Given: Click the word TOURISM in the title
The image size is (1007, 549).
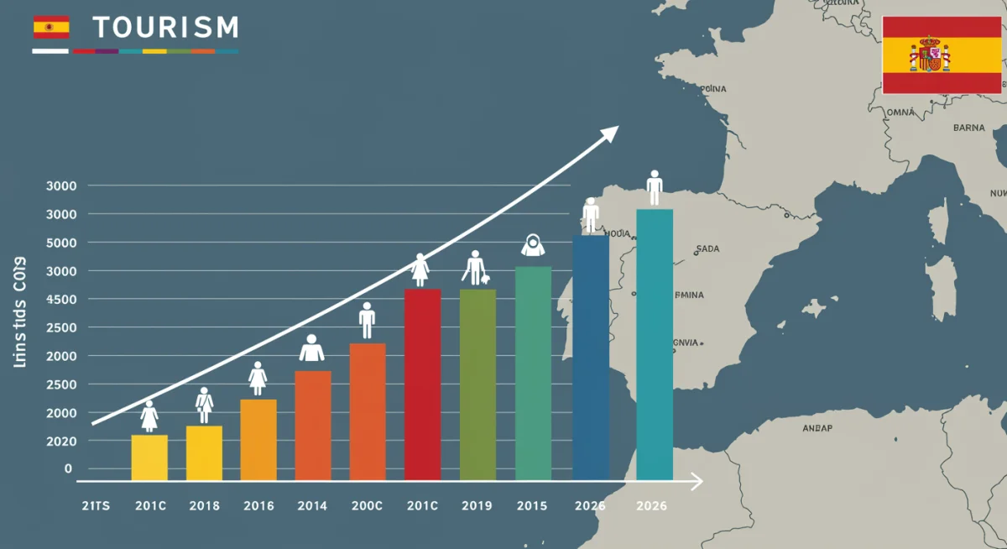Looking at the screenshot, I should point(165,28).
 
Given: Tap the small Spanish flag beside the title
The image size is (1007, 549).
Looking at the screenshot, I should point(50,27).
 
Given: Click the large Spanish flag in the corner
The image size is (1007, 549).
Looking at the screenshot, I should point(941,55).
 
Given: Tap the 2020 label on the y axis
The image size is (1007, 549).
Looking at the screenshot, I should point(60,441).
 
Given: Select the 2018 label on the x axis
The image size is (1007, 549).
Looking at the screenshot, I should point(204,506).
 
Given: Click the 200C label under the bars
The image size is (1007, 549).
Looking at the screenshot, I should point(367,506).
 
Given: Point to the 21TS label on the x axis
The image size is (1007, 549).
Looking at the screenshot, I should point(97,506).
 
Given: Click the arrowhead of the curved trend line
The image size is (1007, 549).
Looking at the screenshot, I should point(611,132).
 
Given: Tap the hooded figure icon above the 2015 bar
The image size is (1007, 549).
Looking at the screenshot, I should point(533,245).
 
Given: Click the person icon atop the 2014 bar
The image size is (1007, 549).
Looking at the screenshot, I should point(311,348).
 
